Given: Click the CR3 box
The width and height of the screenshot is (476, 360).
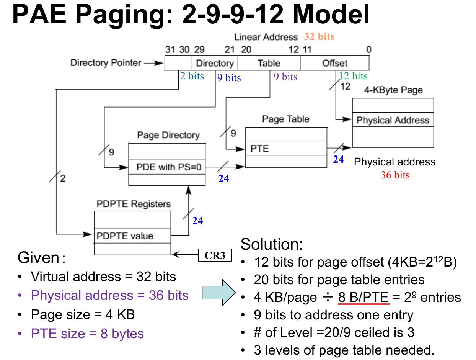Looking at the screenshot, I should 215,255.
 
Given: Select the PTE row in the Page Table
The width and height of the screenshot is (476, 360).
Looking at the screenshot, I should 286,148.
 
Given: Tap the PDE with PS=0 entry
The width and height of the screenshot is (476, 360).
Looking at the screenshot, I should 167,167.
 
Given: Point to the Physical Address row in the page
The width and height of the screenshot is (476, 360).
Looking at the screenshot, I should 393,120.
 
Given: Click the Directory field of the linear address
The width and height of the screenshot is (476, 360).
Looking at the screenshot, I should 214,63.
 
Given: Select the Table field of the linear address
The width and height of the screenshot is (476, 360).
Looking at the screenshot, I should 269,63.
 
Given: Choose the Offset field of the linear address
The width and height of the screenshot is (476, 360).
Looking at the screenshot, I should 335,63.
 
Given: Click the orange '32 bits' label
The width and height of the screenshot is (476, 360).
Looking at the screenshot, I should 319,37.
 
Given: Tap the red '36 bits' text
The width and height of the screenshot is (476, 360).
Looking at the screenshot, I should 395,175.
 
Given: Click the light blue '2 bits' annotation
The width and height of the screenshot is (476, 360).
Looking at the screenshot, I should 192,76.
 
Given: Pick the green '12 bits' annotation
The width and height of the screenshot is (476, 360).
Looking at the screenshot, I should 353,76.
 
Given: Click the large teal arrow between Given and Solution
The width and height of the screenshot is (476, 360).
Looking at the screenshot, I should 218,292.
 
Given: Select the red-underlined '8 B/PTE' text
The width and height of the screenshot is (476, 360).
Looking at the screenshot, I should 363,297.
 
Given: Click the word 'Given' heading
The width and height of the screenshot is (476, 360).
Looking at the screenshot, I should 38,258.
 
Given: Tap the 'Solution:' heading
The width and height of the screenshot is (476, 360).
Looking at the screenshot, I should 272,244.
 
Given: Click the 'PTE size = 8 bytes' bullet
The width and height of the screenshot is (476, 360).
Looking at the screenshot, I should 87,334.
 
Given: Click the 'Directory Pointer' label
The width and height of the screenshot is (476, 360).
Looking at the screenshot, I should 106,63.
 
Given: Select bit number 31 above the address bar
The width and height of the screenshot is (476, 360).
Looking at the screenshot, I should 170,50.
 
